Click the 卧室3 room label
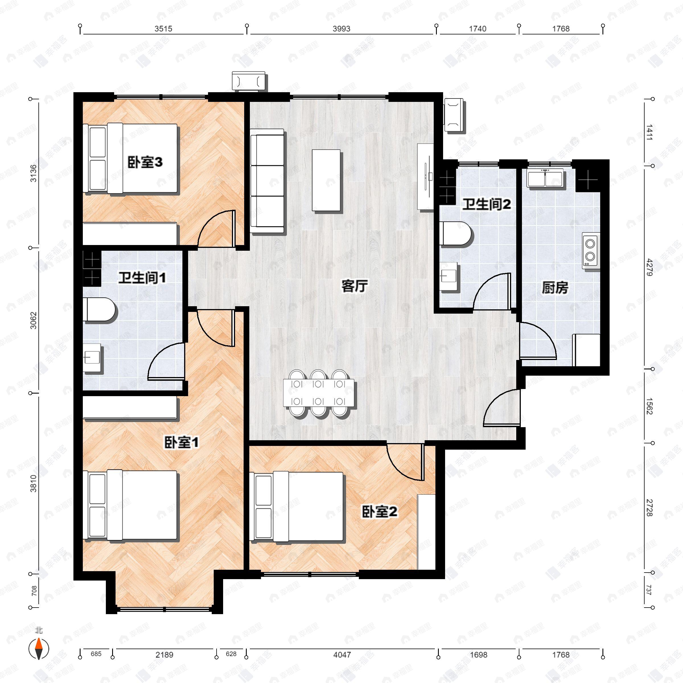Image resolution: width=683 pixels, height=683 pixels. [x=145, y=162]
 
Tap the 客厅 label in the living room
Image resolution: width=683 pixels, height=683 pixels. [x=354, y=286]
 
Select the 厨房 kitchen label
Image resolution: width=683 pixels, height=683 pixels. [x=555, y=288]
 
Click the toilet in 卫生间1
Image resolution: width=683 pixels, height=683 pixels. [x=99, y=309]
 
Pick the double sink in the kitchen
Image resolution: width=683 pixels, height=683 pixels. [x=545, y=178]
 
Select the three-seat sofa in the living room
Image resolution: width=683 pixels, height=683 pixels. [x=267, y=181]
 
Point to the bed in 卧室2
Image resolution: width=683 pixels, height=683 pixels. [x=297, y=507]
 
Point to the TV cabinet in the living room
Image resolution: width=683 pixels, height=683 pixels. [x=425, y=177]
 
